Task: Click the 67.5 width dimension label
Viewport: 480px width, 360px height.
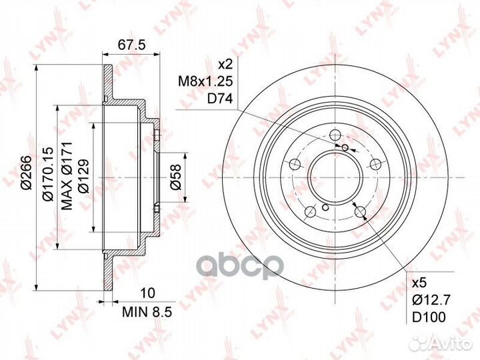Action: coord(131,45)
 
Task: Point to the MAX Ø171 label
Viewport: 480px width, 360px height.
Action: coord(67,176)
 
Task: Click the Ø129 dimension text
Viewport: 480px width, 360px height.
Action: coord(83,175)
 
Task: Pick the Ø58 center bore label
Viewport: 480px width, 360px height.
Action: coord(176,177)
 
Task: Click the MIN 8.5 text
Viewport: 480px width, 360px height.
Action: coord(147,312)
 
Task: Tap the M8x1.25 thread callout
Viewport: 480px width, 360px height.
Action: coord(206,81)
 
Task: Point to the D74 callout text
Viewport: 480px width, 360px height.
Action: coord(220,99)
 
